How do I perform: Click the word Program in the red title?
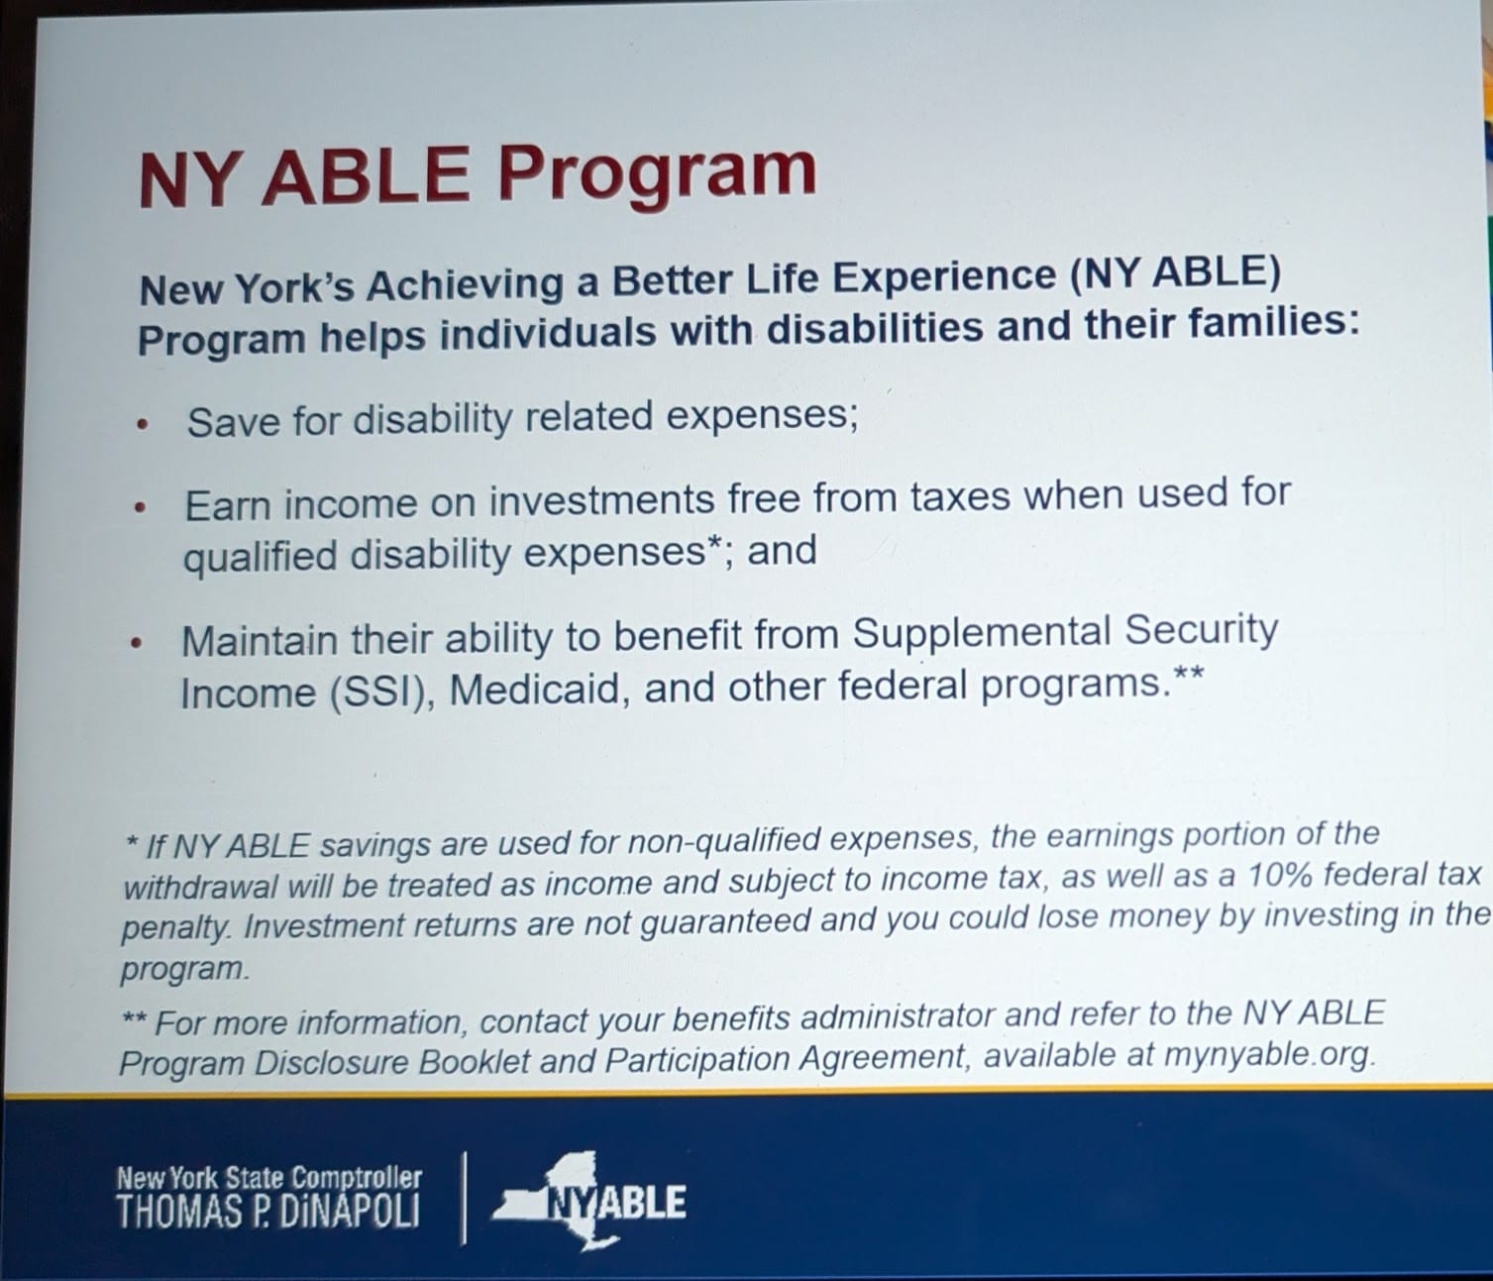coord(656,173)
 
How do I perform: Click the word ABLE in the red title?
coord(366,174)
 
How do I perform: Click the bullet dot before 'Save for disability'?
coord(143,426)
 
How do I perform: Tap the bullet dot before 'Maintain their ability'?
coord(137,642)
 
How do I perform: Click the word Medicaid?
coord(535,690)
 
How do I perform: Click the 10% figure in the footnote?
coord(1275,876)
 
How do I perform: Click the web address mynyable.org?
coord(1268,1056)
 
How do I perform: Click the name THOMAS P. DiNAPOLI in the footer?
coord(267,1212)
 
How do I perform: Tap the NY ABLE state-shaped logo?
coord(588,1200)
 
